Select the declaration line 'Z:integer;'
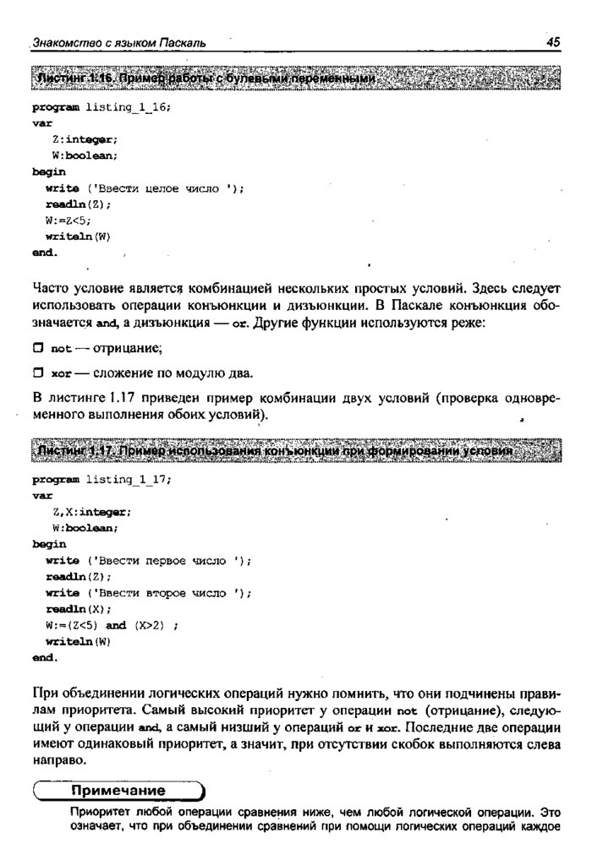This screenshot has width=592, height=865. click(x=85, y=139)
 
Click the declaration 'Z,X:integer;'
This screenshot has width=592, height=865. click(x=92, y=512)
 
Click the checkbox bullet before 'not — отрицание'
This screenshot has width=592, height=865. click(x=38, y=348)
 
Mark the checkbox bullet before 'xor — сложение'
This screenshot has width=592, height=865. click(x=38, y=373)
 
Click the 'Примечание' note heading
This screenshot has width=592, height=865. click(x=118, y=791)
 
